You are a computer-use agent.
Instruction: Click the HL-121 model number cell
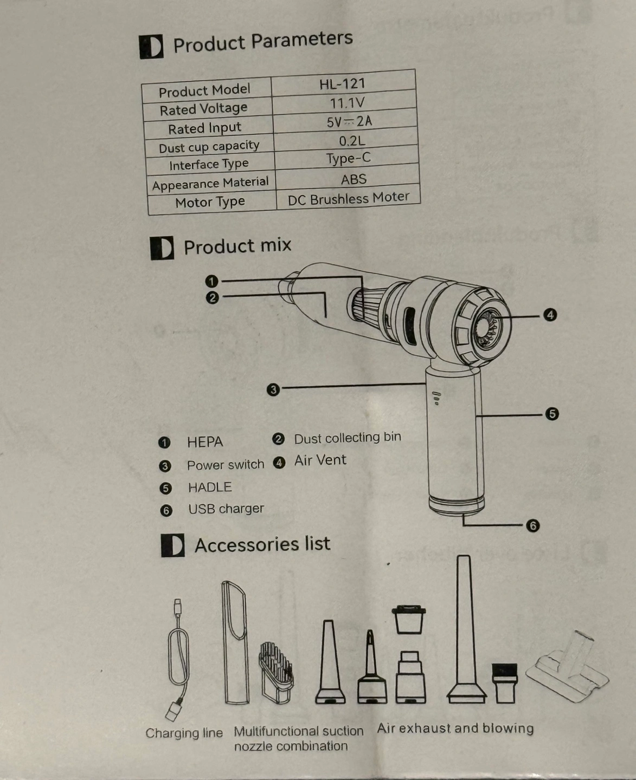[x=343, y=84]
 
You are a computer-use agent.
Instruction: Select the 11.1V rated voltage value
[x=347, y=103]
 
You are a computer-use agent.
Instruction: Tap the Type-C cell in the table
[x=348, y=158]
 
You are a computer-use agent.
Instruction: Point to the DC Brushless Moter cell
[x=348, y=198]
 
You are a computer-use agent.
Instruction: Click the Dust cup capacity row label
[x=209, y=147]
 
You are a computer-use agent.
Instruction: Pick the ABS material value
[x=354, y=179]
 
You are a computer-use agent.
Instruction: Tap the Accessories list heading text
[x=262, y=544]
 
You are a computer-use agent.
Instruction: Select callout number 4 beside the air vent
[x=550, y=315]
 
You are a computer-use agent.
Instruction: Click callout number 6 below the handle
[x=532, y=526]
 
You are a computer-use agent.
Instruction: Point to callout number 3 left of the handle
[x=273, y=390]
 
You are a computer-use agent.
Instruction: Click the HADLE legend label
[x=210, y=487]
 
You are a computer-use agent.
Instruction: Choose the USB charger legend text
[x=226, y=509]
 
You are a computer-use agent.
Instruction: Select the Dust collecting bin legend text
[x=348, y=438]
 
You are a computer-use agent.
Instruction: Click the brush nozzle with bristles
[x=276, y=673]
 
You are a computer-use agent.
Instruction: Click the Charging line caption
[x=184, y=733]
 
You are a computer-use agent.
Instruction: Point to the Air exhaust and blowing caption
[x=455, y=729]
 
